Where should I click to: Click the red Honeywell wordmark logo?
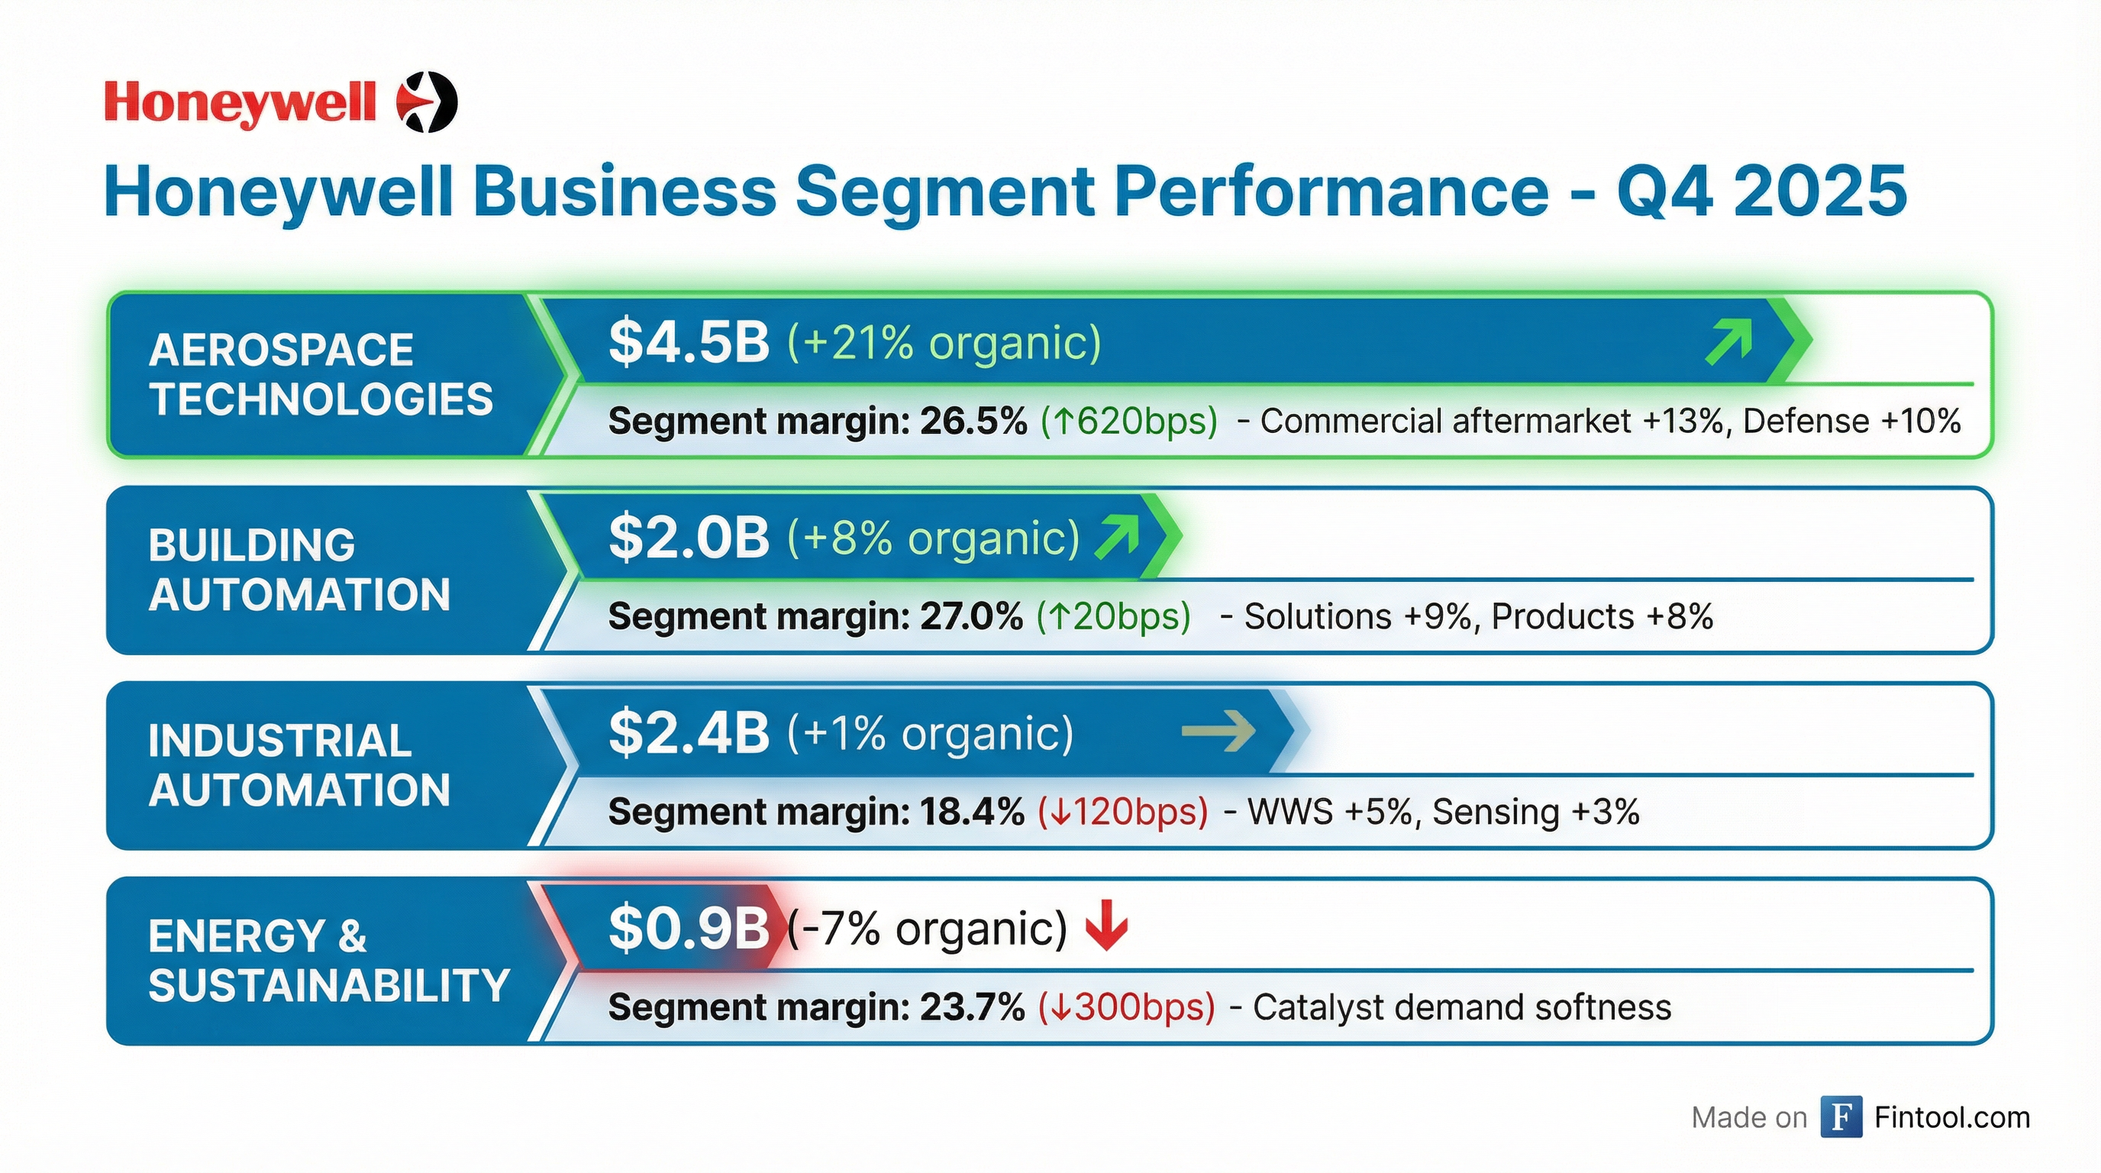pos(240,104)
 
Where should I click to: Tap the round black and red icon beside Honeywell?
pos(427,102)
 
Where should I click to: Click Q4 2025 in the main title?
pos(1762,192)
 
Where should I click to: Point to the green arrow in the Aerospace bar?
pos(1728,342)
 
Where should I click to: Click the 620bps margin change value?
pos(1130,421)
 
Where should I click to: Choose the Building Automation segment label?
pos(299,570)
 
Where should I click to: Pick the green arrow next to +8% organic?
pos(1118,538)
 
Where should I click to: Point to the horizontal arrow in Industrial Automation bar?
pos(1218,731)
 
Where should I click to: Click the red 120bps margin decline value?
pos(1123,812)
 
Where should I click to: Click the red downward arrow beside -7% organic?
pos(1107,926)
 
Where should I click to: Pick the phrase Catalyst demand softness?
pos(1461,1007)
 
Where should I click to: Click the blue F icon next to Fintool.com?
pos(1841,1116)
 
